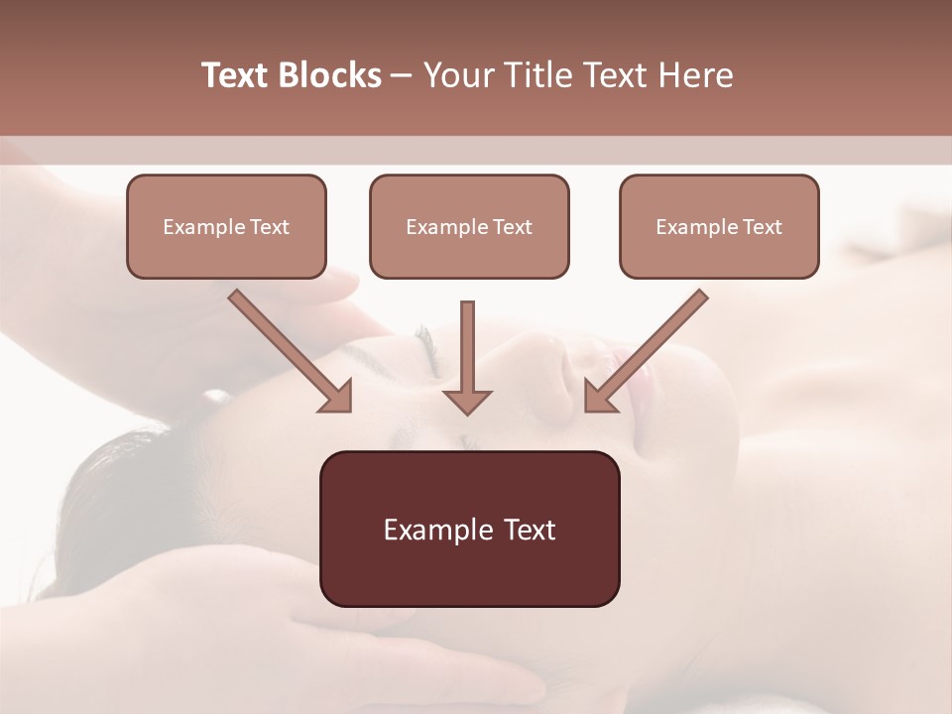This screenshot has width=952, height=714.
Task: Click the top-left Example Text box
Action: click(226, 227)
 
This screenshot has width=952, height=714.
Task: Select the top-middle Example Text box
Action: click(469, 227)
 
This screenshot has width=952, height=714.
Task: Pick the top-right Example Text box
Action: click(719, 227)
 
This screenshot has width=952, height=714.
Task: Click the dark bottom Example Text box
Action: click(469, 529)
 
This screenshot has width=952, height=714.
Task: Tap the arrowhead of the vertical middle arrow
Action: click(467, 401)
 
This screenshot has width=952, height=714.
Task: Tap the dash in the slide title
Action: click(402, 76)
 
